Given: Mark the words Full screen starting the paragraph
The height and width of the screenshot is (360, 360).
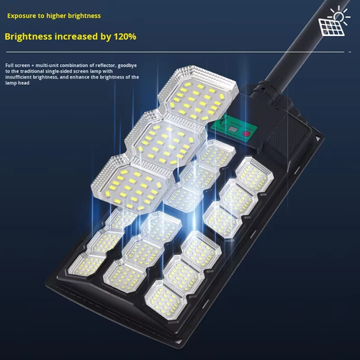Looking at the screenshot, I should coord(18,66).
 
